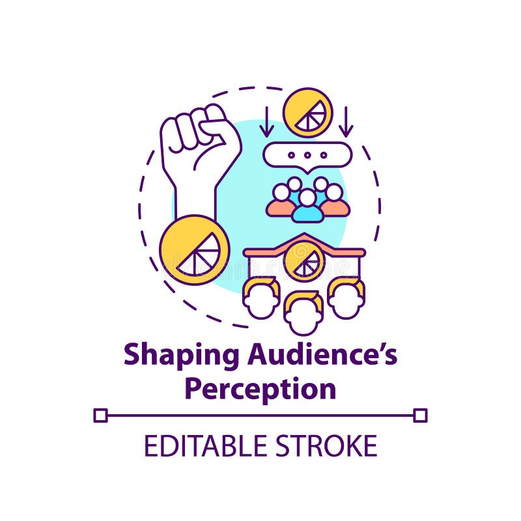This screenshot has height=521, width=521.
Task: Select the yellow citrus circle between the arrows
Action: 307,112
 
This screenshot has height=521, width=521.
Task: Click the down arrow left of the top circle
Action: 267,122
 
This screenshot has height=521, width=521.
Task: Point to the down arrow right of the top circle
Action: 346,122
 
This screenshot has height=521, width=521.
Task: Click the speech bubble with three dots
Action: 307,155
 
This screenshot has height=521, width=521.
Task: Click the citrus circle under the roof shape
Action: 304,261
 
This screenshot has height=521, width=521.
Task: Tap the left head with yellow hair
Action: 261,298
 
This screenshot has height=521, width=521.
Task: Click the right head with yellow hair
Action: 346,298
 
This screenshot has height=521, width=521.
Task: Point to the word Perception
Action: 260,389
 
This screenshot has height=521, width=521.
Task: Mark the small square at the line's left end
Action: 100,415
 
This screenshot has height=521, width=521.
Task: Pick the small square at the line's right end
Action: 420,415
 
